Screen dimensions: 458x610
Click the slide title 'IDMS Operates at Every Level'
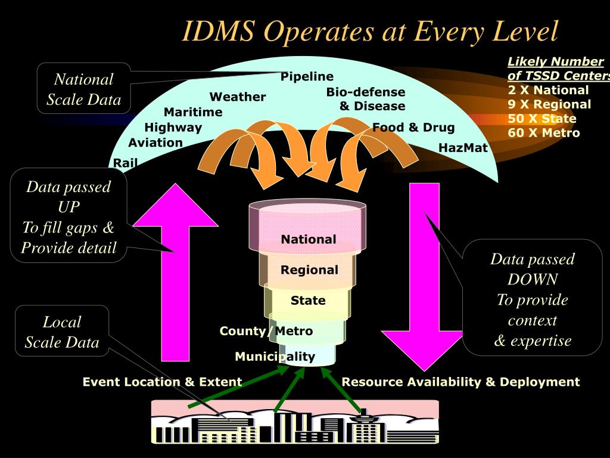tap(370, 32)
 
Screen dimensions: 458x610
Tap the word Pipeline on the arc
tap(307, 77)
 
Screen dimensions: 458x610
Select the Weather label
tap(237, 97)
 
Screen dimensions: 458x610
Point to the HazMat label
tap(463, 147)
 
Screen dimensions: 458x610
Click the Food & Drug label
tap(413, 127)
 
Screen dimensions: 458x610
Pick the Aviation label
tap(155, 143)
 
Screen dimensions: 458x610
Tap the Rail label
tap(125, 163)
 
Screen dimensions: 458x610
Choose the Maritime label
tap(193, 112)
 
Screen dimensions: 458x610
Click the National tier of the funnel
tap(309, 239)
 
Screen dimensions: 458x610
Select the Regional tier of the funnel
tap(309, 270)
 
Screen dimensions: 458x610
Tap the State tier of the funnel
tap(308, 300)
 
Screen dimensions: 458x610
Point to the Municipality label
tap(275, 357)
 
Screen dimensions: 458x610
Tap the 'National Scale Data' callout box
tap(83, 89)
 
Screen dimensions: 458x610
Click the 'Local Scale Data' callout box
tap(62, 332)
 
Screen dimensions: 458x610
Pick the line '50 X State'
tap(541, 118)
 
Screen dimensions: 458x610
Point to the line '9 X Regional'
tap(549, 104)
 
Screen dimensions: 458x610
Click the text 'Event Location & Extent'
tap(162, 382)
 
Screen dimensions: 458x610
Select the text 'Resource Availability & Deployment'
tap(460, 382)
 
